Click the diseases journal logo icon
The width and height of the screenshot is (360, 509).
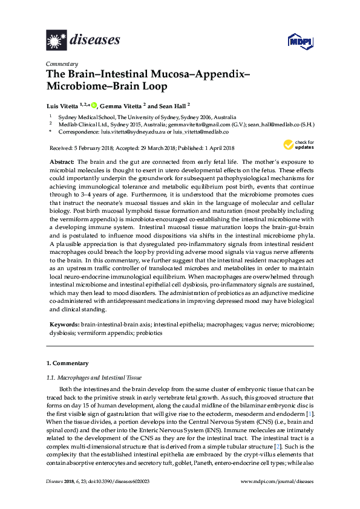click(x=56, y=40)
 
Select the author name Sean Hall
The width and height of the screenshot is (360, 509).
click(x=174, y=104)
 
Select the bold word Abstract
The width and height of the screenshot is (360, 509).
click(x=61, y=163)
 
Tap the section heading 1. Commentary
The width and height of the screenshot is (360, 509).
click(x=68, y=363)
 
